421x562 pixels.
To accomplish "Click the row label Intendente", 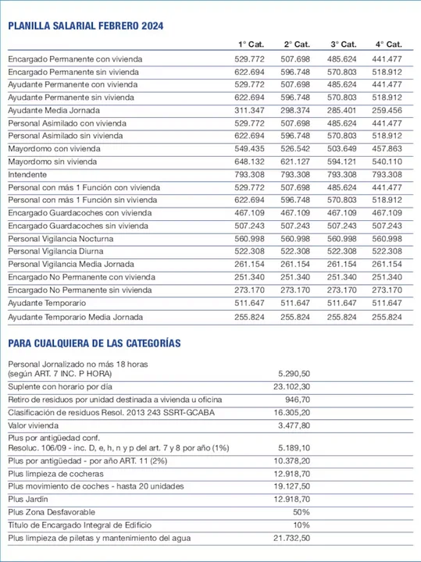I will pos(27,174).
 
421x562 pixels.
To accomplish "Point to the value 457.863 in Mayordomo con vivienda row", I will pos(388,148).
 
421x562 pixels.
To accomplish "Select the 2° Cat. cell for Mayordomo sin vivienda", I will pos(294,162).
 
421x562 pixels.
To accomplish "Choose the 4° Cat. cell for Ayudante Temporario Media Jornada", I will pos(388,318).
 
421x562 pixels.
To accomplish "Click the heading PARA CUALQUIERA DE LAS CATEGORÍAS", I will pos(95,343).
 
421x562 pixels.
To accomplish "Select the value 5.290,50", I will pos(294,374).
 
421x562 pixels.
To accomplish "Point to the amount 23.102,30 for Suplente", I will pos(291,386).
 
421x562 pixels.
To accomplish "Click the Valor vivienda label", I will pos(34,425).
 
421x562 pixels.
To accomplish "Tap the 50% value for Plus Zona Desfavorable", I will pos(301,511).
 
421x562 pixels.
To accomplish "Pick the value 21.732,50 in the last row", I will pos(291,539).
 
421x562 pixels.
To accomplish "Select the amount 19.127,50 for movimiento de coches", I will pos(291,486).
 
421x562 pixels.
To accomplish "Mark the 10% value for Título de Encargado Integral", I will pos(301,525).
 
